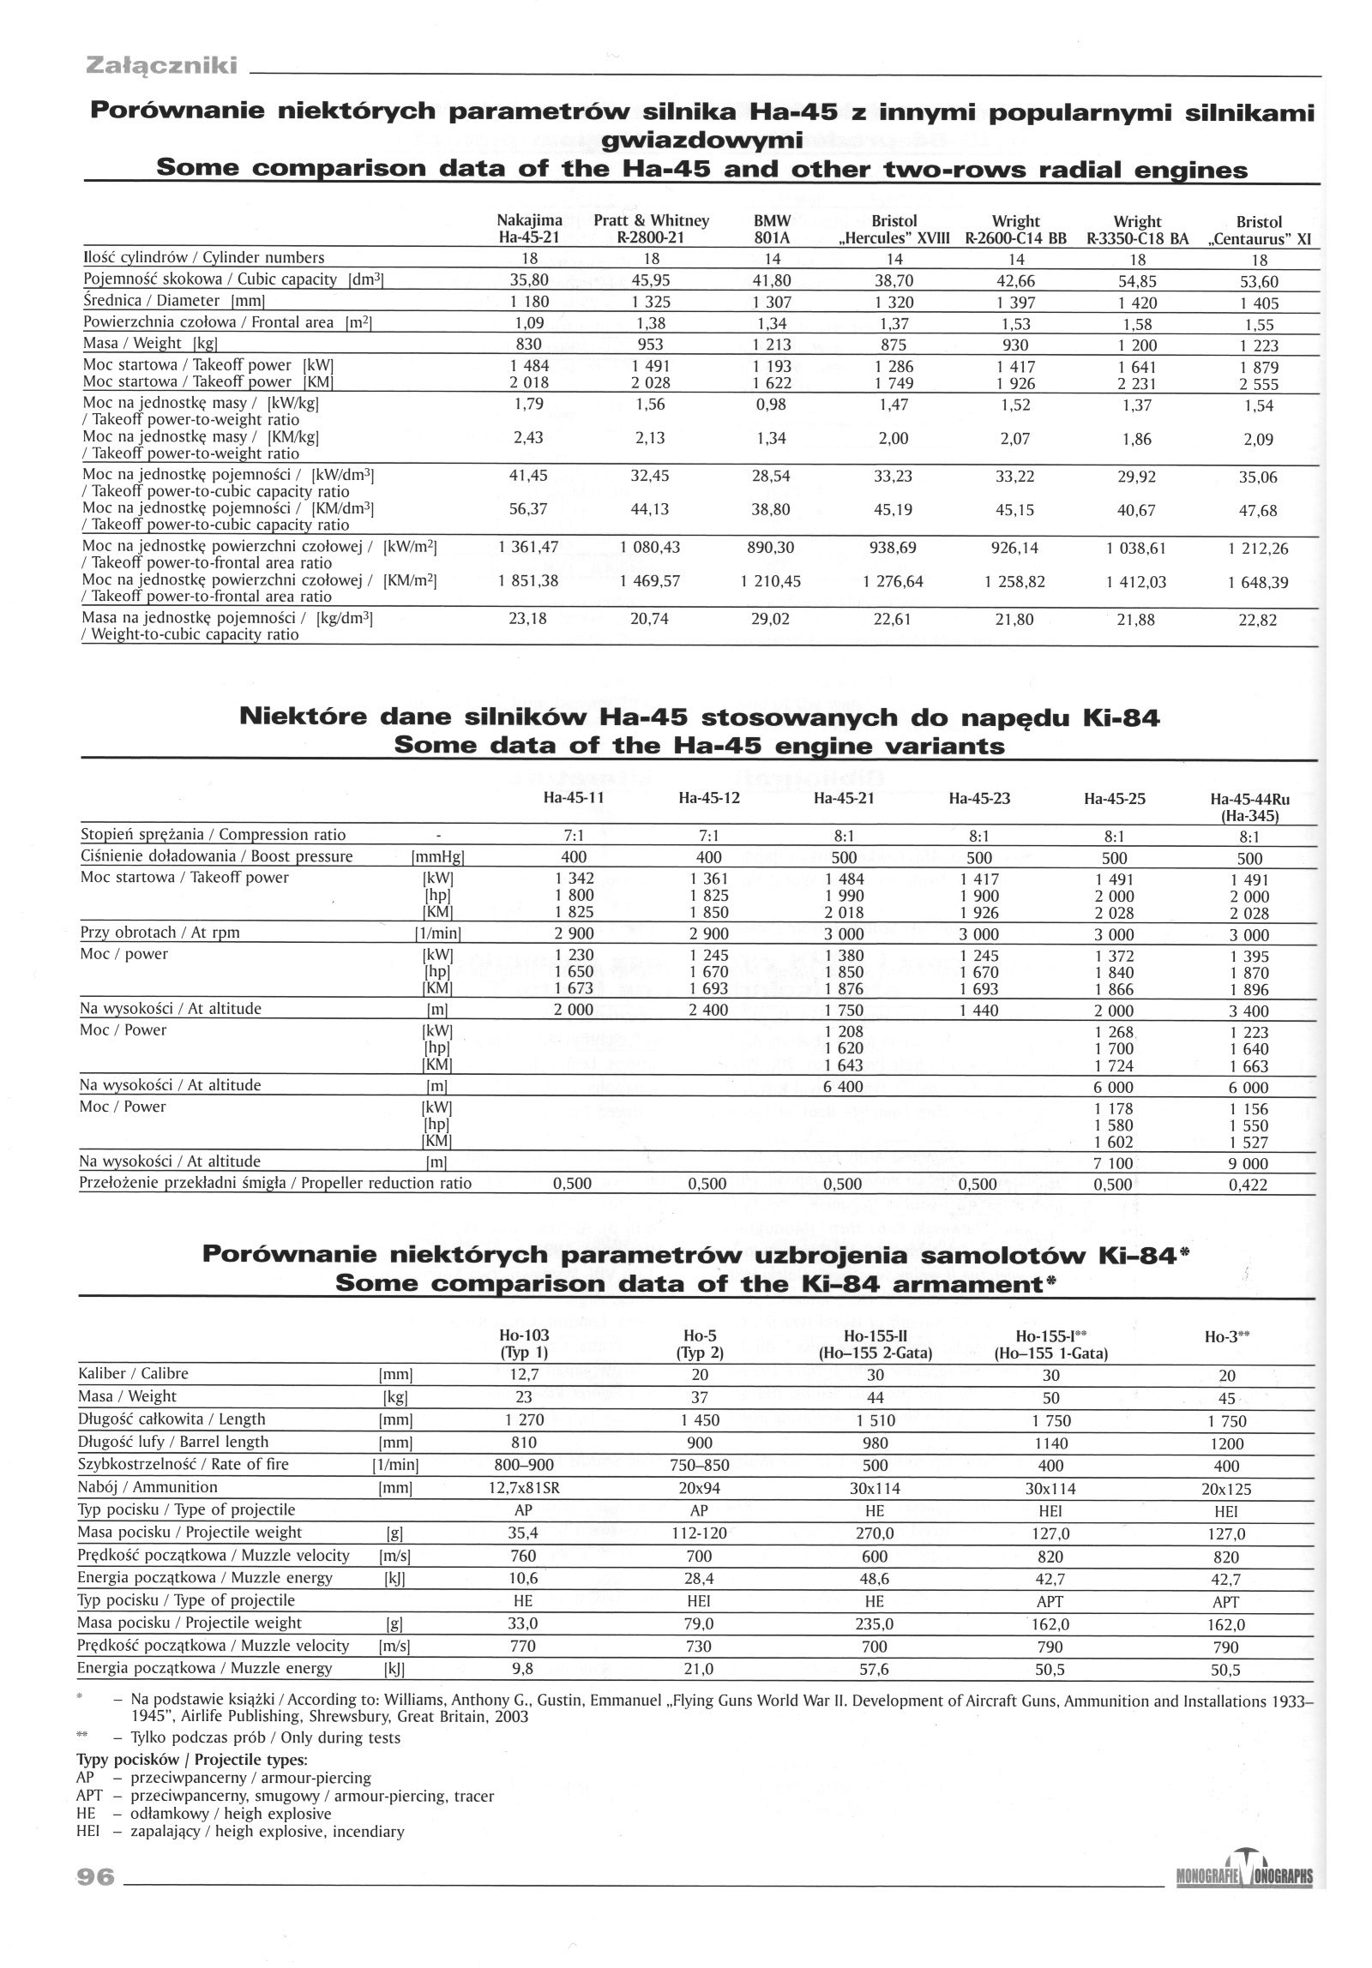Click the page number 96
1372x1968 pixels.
pyautogui.click(x=95, y=1876)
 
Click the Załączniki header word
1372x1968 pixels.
pyautogui.click(x=161, y=65)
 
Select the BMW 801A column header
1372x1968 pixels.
pyautogui.click(x=771, y=229)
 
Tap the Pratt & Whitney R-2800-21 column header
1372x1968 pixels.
pyautogui.click(x=651, y=229)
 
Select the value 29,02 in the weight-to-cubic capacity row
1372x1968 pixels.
pyautogui.click(x=770, y=619)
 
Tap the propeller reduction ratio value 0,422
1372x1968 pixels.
pyautogui.click(x=1248, y=1185)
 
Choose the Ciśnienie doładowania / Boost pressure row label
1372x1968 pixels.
pyautogui.click(x=216, y=856)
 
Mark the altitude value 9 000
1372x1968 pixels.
pyautogui.click(x=1249, y=1163)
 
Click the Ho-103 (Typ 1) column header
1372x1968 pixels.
pyautogui.click(x=523, y=1345)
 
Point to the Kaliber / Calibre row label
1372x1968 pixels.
pyautogui.click(x=133, y=1373)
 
